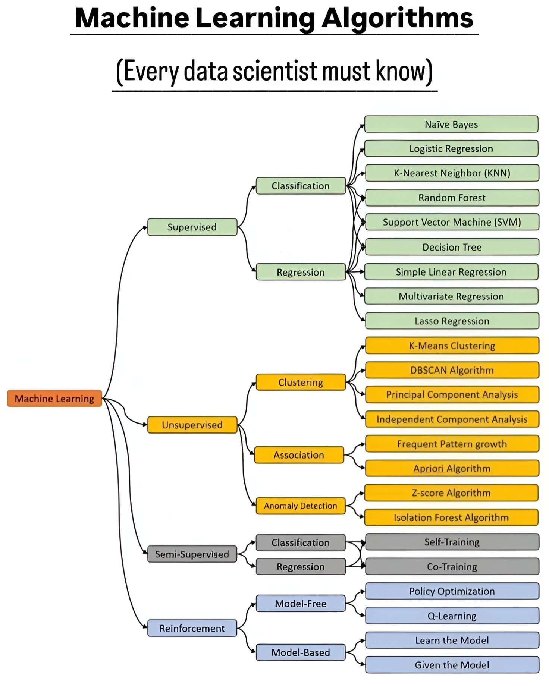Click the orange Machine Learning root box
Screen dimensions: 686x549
pos(54,398)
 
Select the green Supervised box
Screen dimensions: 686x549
pos(192,227)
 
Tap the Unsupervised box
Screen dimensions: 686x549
pos(192,425)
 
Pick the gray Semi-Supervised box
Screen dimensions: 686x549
pos(192,554)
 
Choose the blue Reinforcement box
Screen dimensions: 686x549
pos(192,628)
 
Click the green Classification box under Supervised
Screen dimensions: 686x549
pos(301,186)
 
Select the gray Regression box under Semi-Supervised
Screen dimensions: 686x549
pos(301,567)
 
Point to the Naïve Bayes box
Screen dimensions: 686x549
pos(451,124)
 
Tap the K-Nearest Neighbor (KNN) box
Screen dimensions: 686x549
pos(452,173)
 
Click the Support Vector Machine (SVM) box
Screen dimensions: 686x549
pos(452,222)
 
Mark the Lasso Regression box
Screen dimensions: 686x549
pos(452,321)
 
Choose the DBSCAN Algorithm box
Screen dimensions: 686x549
pos(452,370)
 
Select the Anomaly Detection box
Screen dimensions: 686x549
pos(301,506)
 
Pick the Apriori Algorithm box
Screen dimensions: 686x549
pos(452,468)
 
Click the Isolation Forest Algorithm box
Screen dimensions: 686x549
pos(451,517)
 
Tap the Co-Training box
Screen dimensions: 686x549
pos(452,567)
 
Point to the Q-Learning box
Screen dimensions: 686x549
pos(452,616)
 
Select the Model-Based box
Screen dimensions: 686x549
pos(301,652)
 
